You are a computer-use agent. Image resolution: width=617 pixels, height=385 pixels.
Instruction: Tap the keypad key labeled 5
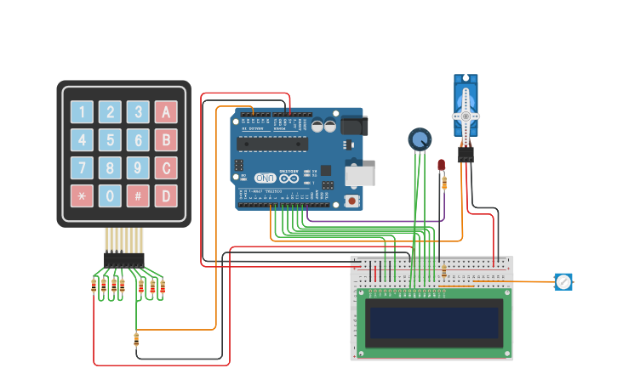click(110, 140)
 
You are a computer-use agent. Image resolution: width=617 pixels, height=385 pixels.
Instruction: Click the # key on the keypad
click(138, 195)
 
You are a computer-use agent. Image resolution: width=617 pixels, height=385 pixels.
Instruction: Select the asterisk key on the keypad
click(82, 195)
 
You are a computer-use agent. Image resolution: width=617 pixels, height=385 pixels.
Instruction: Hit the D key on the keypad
click(166, 195)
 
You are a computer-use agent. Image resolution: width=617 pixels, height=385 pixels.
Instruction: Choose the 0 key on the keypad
click(110, 195)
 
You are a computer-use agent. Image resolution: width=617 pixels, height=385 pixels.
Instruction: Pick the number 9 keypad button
click(138, 168)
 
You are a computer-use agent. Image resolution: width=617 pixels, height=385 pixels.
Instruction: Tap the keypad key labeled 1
click(82, 112)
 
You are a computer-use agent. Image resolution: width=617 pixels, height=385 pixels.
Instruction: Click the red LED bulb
click(442, 165)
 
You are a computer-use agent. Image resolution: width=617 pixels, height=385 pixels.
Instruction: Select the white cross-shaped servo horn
click(466, 116)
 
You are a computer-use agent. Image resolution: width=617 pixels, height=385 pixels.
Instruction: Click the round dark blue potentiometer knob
click(420, 139)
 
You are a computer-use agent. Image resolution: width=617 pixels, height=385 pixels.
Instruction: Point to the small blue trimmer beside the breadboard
click(563, 281)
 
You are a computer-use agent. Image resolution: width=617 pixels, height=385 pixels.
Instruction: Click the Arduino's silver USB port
click(359, 176)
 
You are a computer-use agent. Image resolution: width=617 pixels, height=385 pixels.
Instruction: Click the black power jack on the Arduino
click(354, 126)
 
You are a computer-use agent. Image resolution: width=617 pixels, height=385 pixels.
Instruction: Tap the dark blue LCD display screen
click(434, 322)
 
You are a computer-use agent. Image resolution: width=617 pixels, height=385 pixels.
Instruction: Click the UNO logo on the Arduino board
click(266, 178)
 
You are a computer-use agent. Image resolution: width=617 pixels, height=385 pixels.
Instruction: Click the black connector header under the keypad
click(124, 259)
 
